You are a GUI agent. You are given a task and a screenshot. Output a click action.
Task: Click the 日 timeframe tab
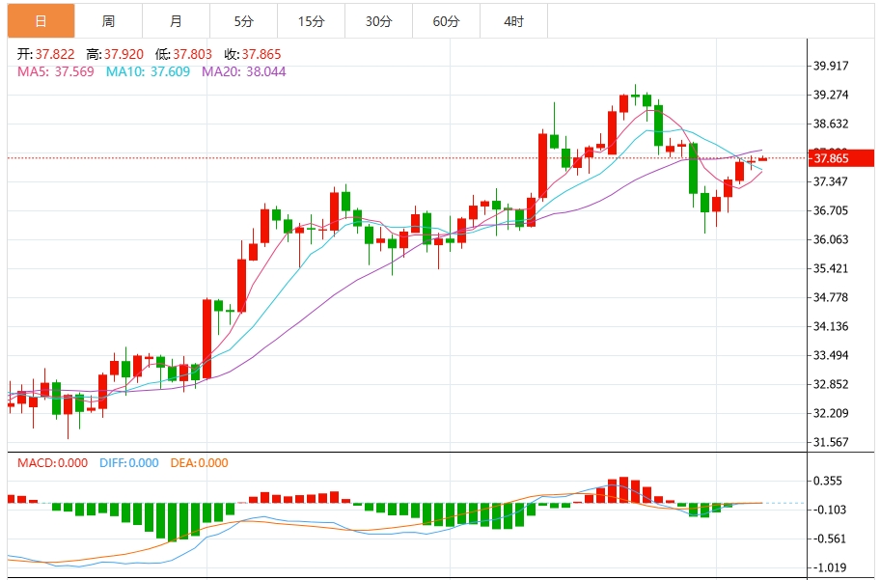pos(40,20)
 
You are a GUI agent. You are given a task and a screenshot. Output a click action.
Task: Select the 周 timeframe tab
pos(107,20)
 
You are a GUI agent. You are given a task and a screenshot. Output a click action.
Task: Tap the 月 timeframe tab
pos(175,20)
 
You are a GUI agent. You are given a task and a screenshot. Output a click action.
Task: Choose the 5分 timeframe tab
pos(243,20)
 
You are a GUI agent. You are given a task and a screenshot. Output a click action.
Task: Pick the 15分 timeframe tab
pos(311,20)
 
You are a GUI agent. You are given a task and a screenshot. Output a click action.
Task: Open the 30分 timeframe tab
pos(378,20)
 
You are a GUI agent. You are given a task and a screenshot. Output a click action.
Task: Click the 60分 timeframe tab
pos(446,20)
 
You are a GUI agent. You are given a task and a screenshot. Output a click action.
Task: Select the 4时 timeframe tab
pos(513,20)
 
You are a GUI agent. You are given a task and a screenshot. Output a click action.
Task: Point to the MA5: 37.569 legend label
pos(56,71)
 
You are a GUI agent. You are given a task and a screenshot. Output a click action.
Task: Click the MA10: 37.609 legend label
pos(148,71)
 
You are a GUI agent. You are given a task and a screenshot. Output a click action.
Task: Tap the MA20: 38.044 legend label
pos(243,71)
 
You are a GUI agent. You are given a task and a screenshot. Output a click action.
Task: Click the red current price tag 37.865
pos(840,158)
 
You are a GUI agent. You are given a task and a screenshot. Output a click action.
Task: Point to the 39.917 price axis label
pos(831,67)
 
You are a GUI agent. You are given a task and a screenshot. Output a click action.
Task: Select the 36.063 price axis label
pos(831,239)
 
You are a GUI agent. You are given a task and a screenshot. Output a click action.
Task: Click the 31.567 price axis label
pos(831,442)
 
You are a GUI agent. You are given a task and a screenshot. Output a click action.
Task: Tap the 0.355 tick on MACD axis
pos(828,481)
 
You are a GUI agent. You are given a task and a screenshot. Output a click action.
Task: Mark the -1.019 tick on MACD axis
pos(828,568)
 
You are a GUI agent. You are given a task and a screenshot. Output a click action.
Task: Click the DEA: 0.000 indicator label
pos(200,463)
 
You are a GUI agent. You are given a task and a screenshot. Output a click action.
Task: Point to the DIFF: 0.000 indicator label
pos(128,463)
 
